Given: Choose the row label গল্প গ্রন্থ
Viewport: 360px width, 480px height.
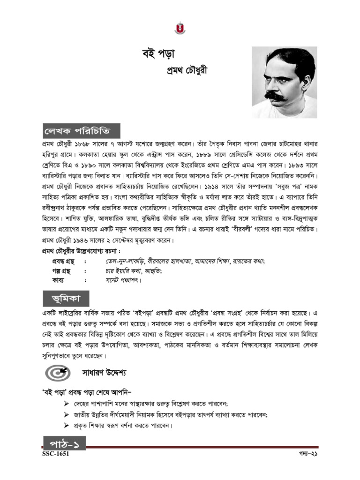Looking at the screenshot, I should pos(59,270).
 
